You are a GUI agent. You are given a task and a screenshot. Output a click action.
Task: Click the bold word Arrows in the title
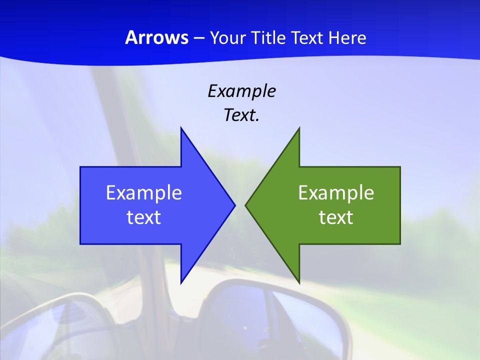tap(156, 37)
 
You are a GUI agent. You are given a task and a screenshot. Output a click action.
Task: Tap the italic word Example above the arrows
tap(241, 91)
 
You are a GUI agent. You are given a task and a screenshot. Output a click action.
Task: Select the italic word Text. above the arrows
tap(241, 115)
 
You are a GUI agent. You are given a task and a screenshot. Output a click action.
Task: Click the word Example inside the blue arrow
tap(144, 193)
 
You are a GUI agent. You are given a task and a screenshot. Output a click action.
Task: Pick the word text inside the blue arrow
tap(144, 217)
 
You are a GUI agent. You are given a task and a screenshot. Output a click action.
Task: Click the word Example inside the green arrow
tap(336, 193)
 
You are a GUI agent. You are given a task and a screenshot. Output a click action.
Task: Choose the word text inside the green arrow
tap(336, 217)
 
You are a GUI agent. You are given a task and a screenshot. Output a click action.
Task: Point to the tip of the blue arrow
tap(235, 205)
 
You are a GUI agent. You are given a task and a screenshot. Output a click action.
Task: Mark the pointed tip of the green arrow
tap(245, 205)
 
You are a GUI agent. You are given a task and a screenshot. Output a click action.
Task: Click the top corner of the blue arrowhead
tap(181, 128)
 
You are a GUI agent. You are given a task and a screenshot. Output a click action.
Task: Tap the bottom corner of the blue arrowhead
tap(181, 283)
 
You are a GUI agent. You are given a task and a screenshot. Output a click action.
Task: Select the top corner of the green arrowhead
tap(299, 128)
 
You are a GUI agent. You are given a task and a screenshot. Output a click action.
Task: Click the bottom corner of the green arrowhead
tap(299, 283)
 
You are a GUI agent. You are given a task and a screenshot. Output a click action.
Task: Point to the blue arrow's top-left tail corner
tap(80, 167)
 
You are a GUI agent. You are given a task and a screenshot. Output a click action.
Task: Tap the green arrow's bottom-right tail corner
tap(400, 244)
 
